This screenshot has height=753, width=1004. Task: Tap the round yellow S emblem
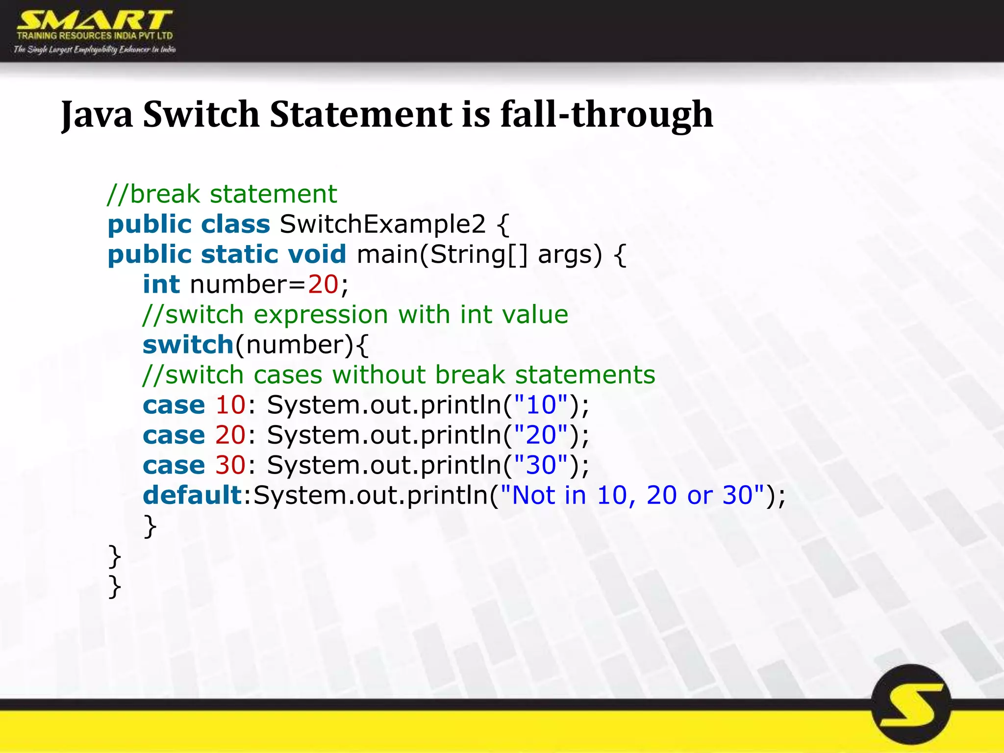[x=911, y=704]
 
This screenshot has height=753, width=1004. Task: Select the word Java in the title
[x=97, y=115]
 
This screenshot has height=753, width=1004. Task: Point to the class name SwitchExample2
[x=382, y=225]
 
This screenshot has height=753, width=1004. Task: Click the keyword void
[x=317, y=254]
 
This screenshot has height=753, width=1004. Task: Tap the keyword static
[x=239, y=254]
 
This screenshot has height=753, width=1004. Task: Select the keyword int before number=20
[x=161, y=285]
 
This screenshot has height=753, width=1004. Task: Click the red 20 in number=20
[x=323, y=285]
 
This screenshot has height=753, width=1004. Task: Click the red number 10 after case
[x=230, y=405]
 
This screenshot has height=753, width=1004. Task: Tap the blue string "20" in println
[x=541, y=435]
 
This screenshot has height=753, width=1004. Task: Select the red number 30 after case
[x=230, y=465]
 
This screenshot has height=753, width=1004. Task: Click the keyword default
[x=193, y=496]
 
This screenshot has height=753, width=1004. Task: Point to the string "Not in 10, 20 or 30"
[x=632, y=496]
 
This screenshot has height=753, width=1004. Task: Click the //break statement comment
[x=222, y=194]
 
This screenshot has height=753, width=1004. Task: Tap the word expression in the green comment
[x=322, y=315]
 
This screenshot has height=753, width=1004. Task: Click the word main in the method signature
[x=386, y=254]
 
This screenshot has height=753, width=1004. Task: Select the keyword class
[x=235, y=225]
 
